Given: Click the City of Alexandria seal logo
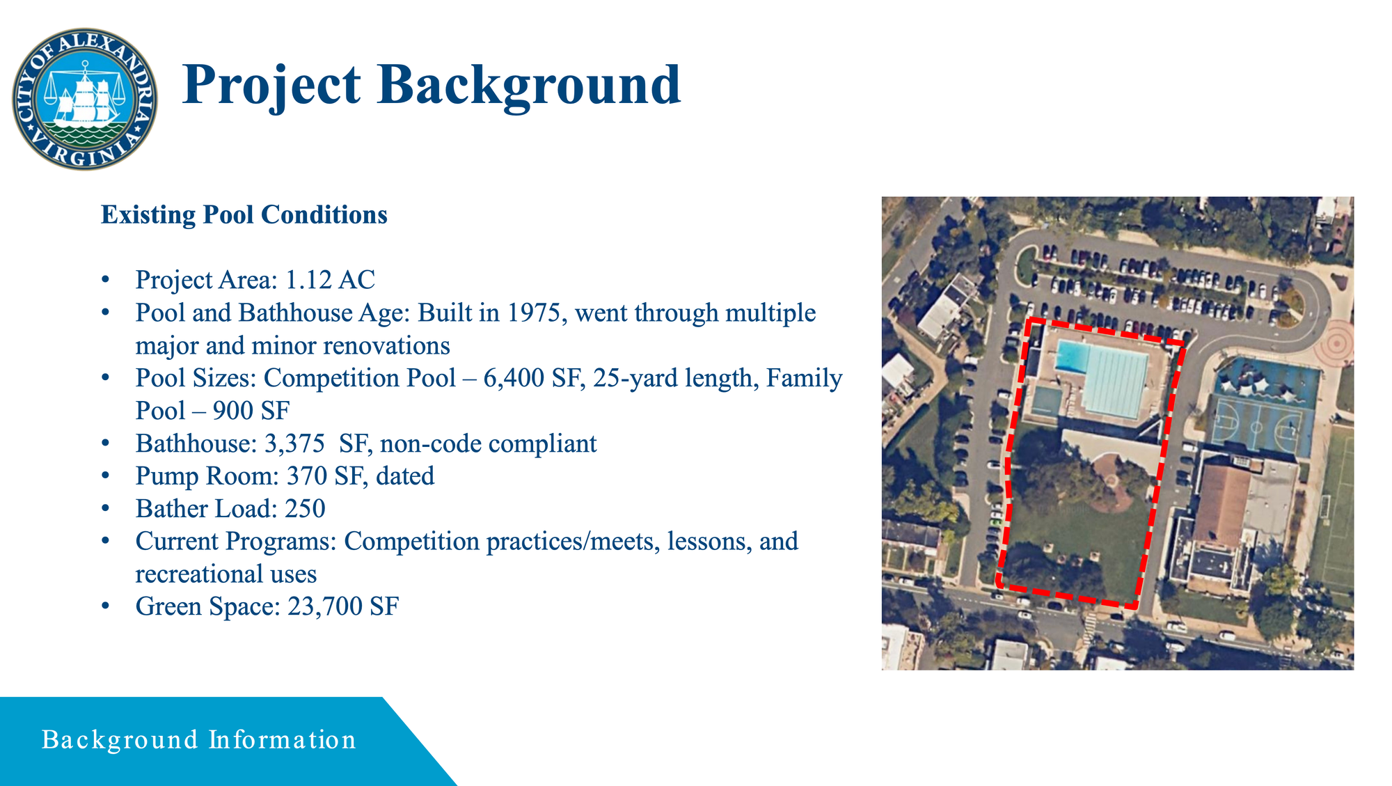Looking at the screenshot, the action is [85, 99].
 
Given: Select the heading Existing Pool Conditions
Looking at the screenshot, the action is [244, 214].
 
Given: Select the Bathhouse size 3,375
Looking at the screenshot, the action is [294, 443].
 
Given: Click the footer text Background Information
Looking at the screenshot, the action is [199, 739].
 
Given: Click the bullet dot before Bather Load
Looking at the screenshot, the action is [105, 509].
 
